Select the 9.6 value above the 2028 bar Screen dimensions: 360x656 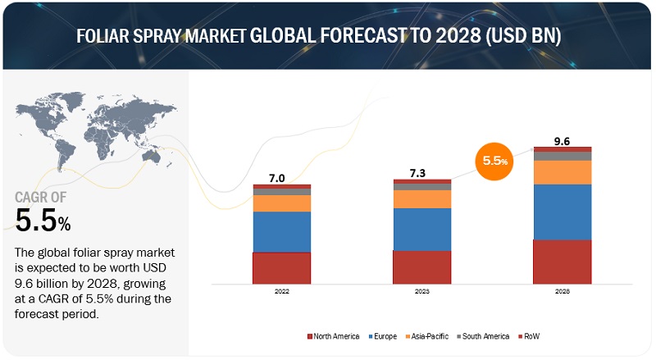562,141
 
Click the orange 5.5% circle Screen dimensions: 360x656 494,162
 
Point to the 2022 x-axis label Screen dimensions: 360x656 280,291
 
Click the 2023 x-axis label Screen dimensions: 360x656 421,291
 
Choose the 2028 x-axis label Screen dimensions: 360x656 562,291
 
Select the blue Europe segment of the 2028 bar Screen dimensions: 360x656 562,212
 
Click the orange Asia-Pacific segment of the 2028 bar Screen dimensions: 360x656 562,172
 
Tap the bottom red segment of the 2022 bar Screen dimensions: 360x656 280,267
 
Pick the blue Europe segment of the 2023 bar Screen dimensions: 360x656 421,229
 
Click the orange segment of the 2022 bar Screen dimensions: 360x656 280,203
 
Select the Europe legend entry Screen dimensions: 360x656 387,336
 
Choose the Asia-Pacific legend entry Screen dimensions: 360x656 431,336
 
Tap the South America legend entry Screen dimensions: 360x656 486,336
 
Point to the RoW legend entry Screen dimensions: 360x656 531,336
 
